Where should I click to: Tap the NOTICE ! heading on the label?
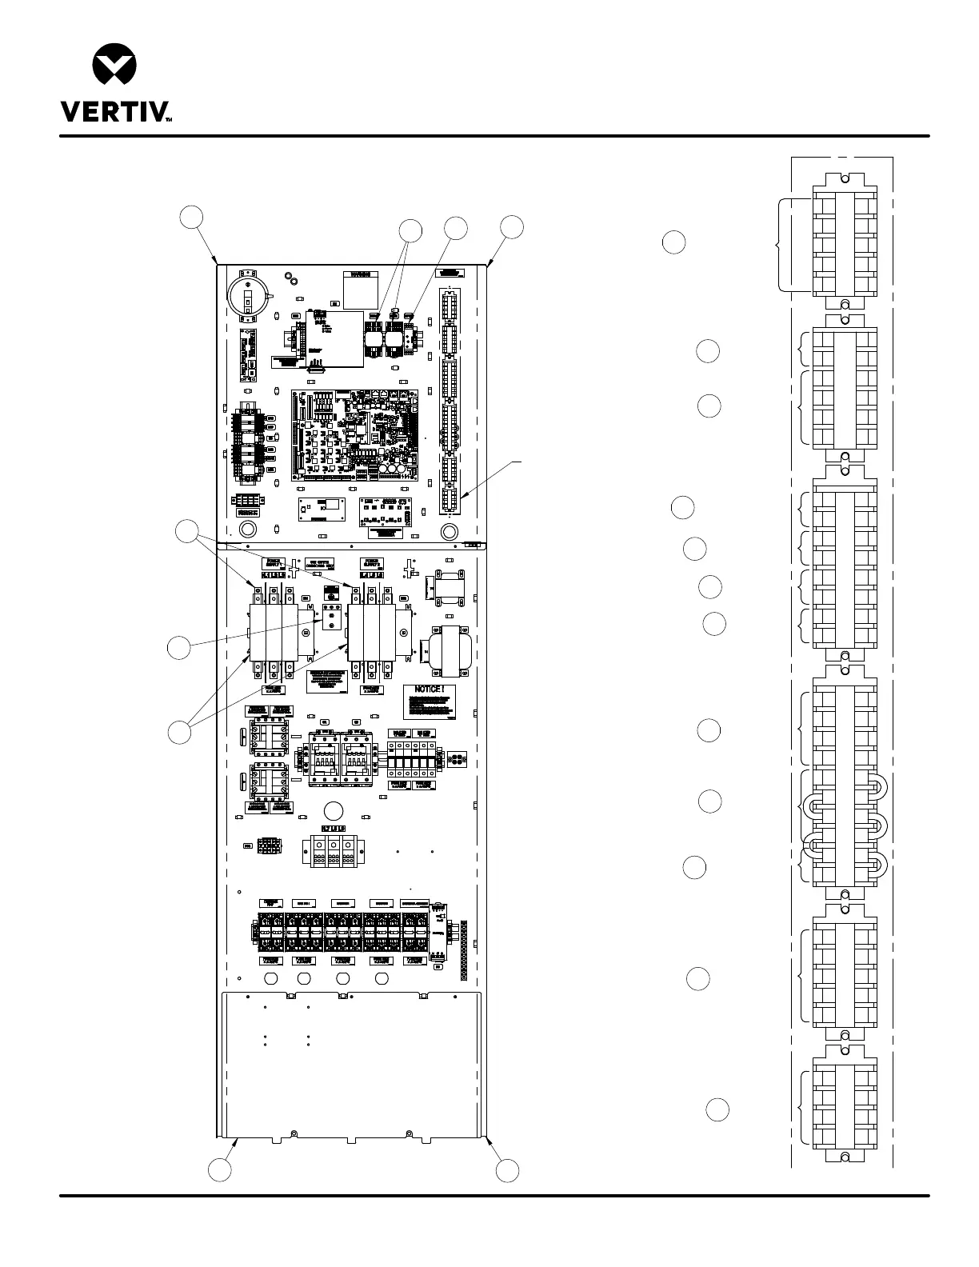coord(435,690)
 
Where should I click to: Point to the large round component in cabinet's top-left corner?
coord(248,295)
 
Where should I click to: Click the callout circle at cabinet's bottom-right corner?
coord(507,1171)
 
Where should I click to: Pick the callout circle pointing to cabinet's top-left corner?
coord(190,218)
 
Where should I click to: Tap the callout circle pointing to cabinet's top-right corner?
coord(512,226)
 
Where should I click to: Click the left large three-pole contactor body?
coord(274,632)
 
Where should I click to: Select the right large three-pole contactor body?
coord(373,632)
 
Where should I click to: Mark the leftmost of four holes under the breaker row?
coord(270,979)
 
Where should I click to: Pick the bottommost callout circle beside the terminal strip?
coord(717,1110)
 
